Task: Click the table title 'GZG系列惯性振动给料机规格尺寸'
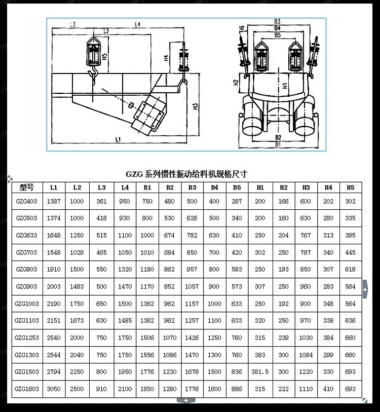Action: pos(186,173)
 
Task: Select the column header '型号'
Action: pos(26,187)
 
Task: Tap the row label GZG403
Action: pos(26,201)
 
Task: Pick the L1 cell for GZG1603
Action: pos(54,389)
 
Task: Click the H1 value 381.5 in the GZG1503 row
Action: pos(260,371)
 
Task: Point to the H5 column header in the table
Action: pos(350,187)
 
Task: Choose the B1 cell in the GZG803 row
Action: pos(147,270)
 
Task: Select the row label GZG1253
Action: pos(26,338)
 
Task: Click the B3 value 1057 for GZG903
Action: pos(192,286)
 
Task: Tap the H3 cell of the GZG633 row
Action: pos(306,235)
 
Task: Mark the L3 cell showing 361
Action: pos(101,201)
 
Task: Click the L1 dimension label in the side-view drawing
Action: pos(118,138)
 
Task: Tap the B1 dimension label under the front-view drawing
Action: pos(278,144)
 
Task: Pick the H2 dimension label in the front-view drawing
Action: pos(236,82)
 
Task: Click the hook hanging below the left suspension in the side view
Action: pos(92,76)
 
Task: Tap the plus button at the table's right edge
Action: pos(365,289)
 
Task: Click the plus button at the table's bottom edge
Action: pos(186,400)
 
